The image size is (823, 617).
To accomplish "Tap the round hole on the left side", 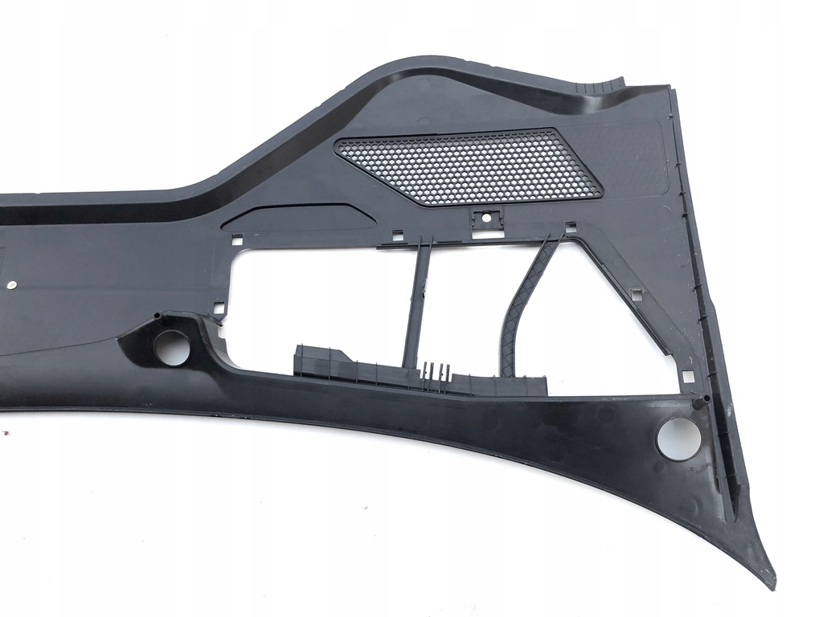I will point(171,346).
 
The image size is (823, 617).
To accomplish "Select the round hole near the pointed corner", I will point(678,439).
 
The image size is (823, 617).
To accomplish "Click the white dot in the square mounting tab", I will point(486,217).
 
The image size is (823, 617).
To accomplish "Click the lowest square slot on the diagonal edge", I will point(687,376).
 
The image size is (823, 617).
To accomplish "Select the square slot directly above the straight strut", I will point(397,235).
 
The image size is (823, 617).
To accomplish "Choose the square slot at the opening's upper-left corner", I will point(237,239).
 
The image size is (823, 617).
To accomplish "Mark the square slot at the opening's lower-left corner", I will point(219,307).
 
